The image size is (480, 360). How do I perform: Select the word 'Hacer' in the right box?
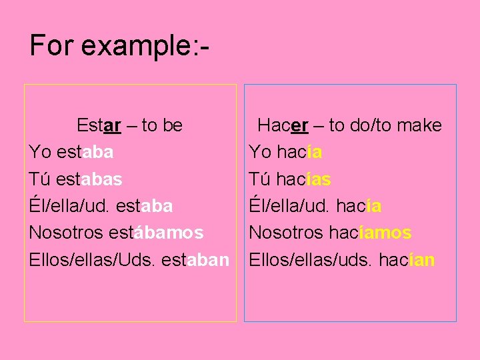pos(283,125)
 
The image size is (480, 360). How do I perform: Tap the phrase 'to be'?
pos(162,125)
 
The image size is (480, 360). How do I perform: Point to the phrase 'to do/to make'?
pos(385,125)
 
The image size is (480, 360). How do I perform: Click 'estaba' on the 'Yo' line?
pos(85,153)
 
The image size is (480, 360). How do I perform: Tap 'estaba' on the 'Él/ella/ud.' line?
pos(143,207)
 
